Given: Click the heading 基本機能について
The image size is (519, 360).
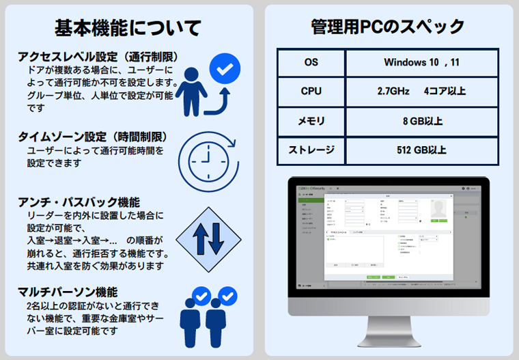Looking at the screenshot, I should coord(128,28).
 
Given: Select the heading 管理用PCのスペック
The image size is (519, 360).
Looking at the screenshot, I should coord(388,27).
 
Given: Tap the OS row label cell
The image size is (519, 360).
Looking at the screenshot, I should coord(311,62).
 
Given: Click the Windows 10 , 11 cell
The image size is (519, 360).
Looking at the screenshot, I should coord(421,62).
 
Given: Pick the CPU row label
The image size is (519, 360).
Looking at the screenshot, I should coord(311,91).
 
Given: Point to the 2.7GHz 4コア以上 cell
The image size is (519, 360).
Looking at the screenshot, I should coord(421,91).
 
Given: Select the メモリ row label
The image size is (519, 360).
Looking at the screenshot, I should coord(311,121).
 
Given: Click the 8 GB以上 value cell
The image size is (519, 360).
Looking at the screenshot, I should coord(421,121).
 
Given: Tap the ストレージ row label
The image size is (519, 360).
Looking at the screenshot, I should coord(311,150).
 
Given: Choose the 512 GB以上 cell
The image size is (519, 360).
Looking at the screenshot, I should coord(421,150).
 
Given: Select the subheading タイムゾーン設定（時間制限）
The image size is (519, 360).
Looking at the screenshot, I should coord(93,137).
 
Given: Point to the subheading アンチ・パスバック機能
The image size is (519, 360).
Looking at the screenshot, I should coord(79,202).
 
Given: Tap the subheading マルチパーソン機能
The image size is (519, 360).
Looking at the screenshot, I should coord(68,292).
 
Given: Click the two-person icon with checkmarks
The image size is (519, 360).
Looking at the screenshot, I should coord(208,315).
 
